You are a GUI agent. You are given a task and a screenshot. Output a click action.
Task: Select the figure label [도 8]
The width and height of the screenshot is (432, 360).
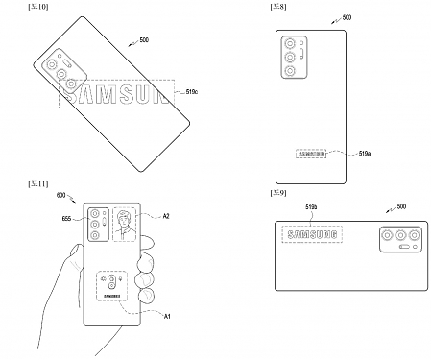(277, 8)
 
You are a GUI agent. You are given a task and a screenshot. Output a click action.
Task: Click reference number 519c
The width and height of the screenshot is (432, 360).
(190, 91)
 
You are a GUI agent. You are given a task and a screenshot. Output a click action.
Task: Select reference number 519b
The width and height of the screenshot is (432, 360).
(311, 205)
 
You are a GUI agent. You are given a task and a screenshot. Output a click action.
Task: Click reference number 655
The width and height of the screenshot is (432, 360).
(67, 220)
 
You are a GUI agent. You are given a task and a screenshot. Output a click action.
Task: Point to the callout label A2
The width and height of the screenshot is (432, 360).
(166, 217)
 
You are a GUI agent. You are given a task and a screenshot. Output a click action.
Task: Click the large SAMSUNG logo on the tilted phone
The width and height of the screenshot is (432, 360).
(113, 93)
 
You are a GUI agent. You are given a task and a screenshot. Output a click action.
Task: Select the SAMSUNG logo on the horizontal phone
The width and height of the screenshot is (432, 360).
(308, 235)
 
